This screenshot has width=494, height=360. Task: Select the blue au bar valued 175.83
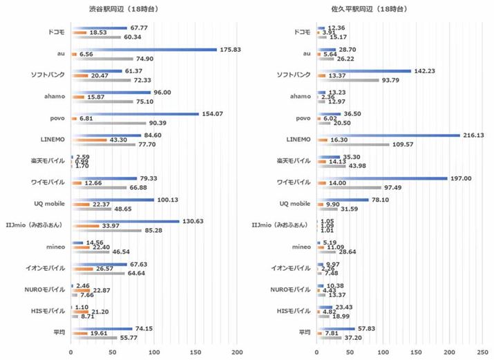click(144, 50)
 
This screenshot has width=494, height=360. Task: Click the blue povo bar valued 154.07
click(135, 114)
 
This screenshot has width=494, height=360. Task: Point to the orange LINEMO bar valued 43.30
click(88, 141)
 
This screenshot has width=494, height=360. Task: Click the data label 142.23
click(425, 70)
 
